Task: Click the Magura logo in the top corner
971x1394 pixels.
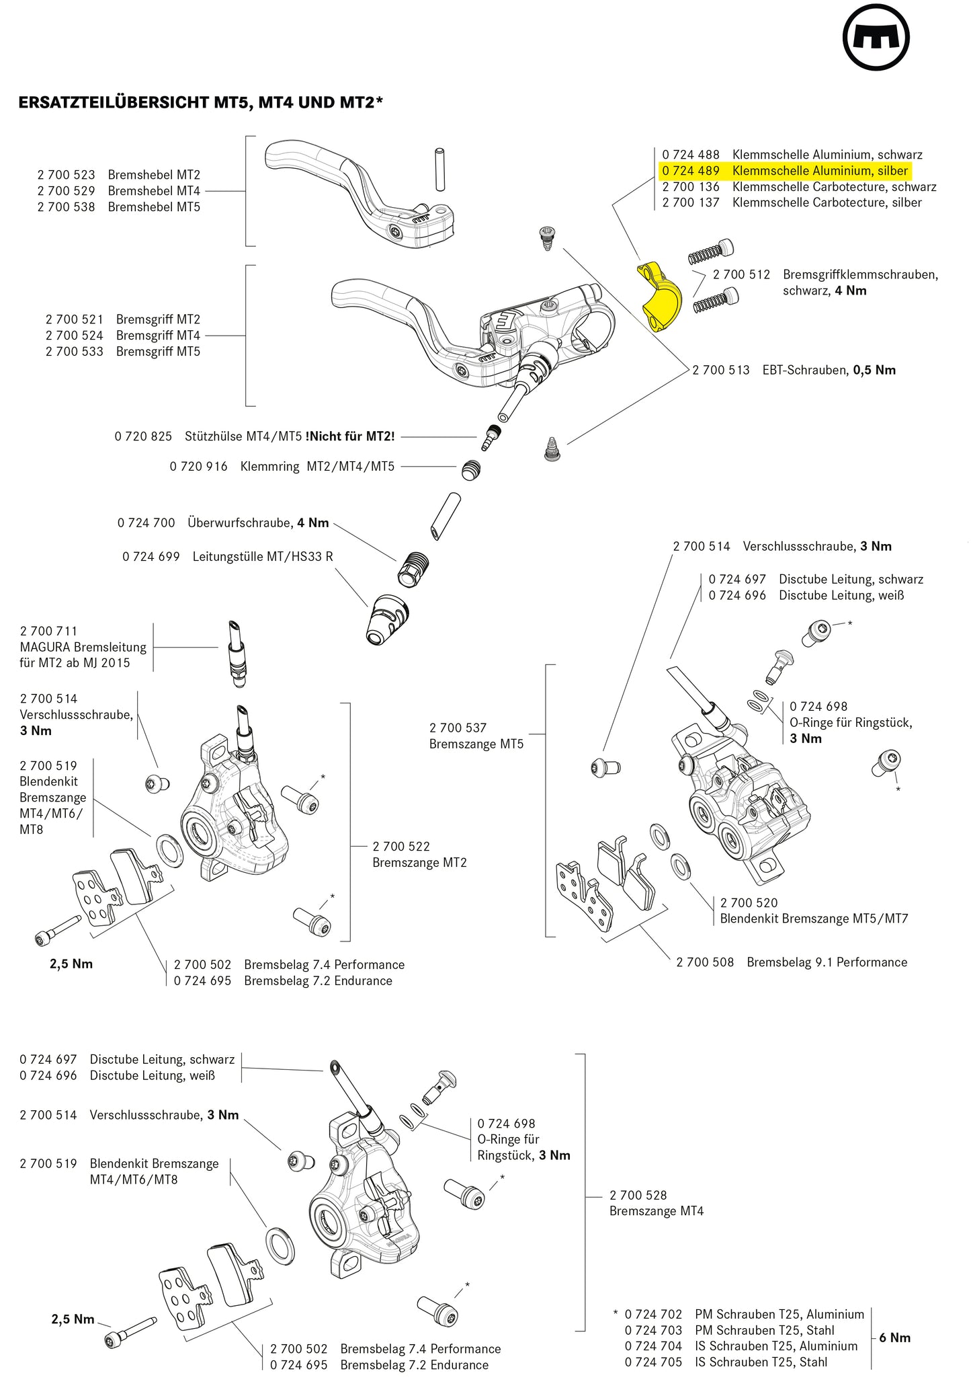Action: click(876, 37)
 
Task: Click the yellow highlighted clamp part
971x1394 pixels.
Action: click(660, 296)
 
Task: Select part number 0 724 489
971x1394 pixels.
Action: click(690, 171)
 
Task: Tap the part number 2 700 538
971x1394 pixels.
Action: click(66, 207)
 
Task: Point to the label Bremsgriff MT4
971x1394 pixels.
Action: click(158, 336)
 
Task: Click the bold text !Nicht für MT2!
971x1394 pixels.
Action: click(350, 436)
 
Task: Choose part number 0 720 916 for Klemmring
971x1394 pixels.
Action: click(198, 467)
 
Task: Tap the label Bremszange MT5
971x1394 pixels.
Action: click(476, 744)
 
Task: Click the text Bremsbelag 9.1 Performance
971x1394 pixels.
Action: click(827, 962)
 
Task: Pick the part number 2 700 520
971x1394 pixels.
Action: click(749, 903)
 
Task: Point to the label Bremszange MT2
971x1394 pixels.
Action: click(419, 863)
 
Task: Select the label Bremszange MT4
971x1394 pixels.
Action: click(656, 1211)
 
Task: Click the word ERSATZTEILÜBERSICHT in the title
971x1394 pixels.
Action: click(114, 103)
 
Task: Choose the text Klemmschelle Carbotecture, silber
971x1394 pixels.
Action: click(827, 203)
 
